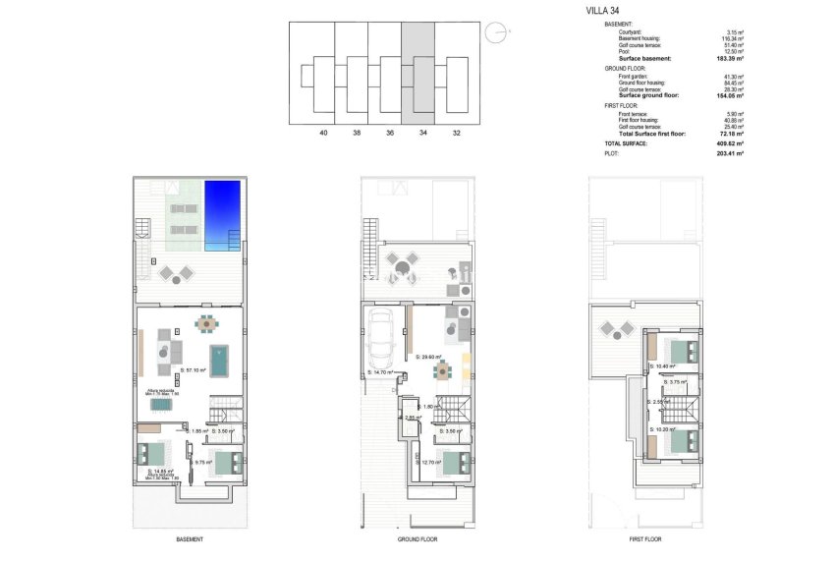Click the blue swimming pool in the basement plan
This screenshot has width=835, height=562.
pos(221,216)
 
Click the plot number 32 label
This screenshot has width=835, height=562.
pos(455,133)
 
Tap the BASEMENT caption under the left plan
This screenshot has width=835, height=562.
pos(191,539)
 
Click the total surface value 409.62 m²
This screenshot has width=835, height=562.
pos(728,143)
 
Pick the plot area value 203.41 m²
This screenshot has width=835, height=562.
pos(728,153)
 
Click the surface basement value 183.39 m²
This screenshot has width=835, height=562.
pos(728,59)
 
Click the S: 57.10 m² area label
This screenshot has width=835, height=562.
pos(196,370)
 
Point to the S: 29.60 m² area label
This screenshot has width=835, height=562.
pos(428,358)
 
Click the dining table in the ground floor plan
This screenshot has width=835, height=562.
pos(445,370)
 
